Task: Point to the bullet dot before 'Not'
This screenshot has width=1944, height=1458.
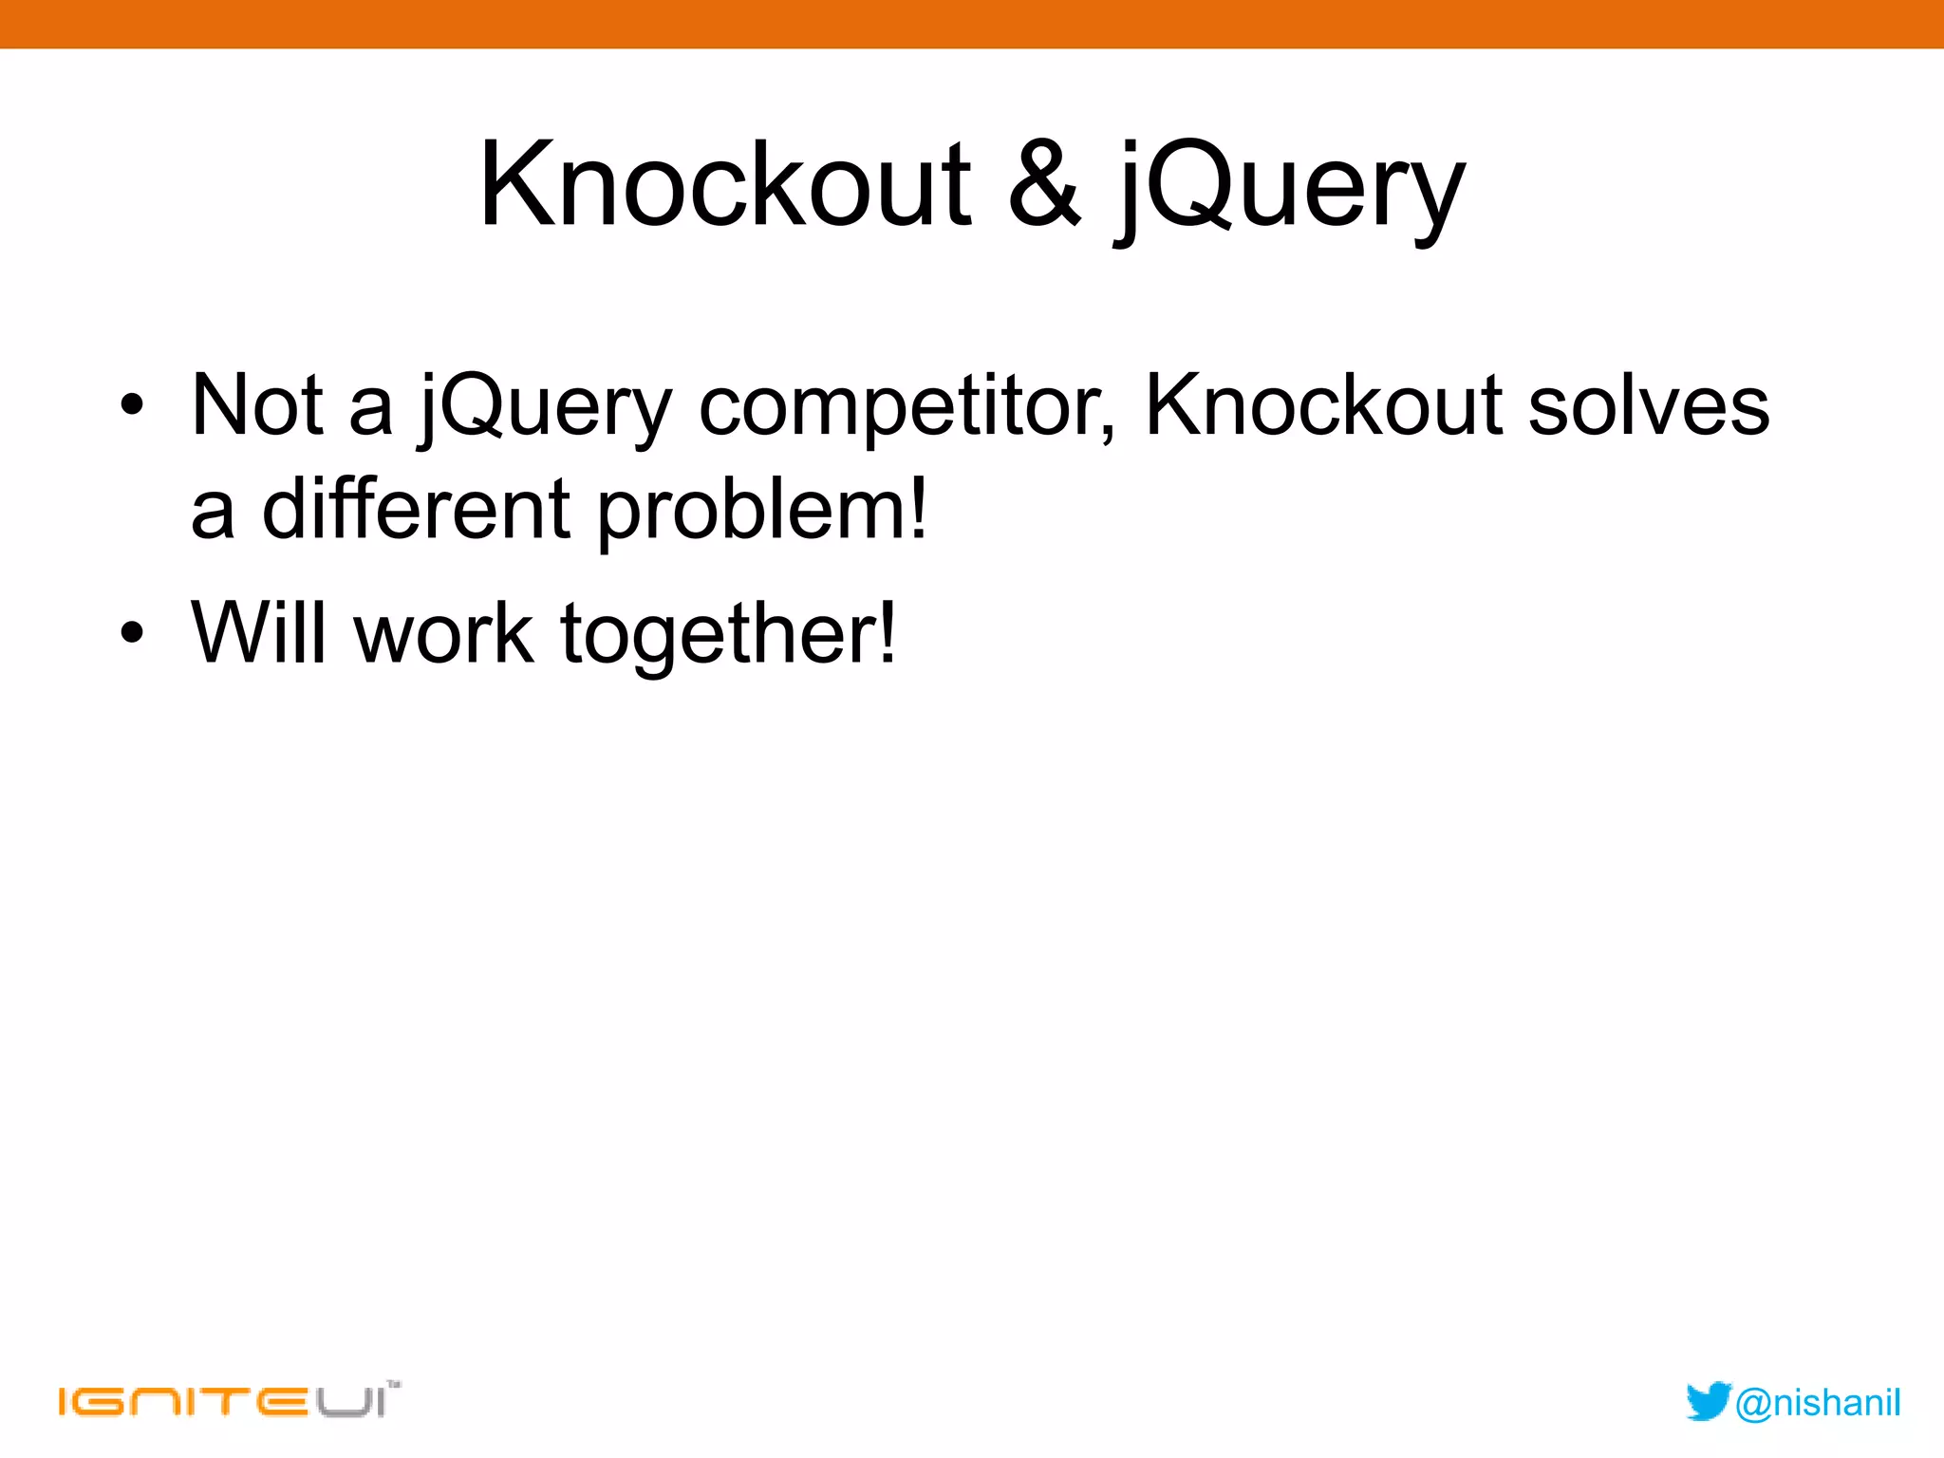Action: coord(132,405)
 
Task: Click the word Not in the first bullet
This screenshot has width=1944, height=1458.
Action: coord(257,405)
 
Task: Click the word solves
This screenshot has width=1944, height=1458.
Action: coord(1649,405)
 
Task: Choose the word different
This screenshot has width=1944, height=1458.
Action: coord(416,510)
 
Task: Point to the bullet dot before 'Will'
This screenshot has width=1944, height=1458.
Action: coord(132,632)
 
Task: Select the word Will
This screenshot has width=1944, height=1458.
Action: coord(257,632)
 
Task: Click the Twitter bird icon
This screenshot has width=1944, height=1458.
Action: coord(1708,1401)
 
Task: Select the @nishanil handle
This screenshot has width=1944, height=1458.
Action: coord(1818,1403)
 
